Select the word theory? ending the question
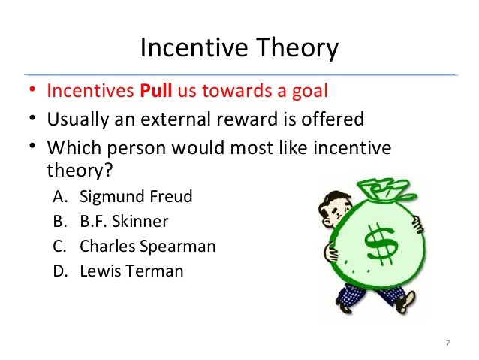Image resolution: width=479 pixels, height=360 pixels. pyautogui.click(x=79, y=171)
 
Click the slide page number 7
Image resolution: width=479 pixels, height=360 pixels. pyautogui.click(x=447, y=343)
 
